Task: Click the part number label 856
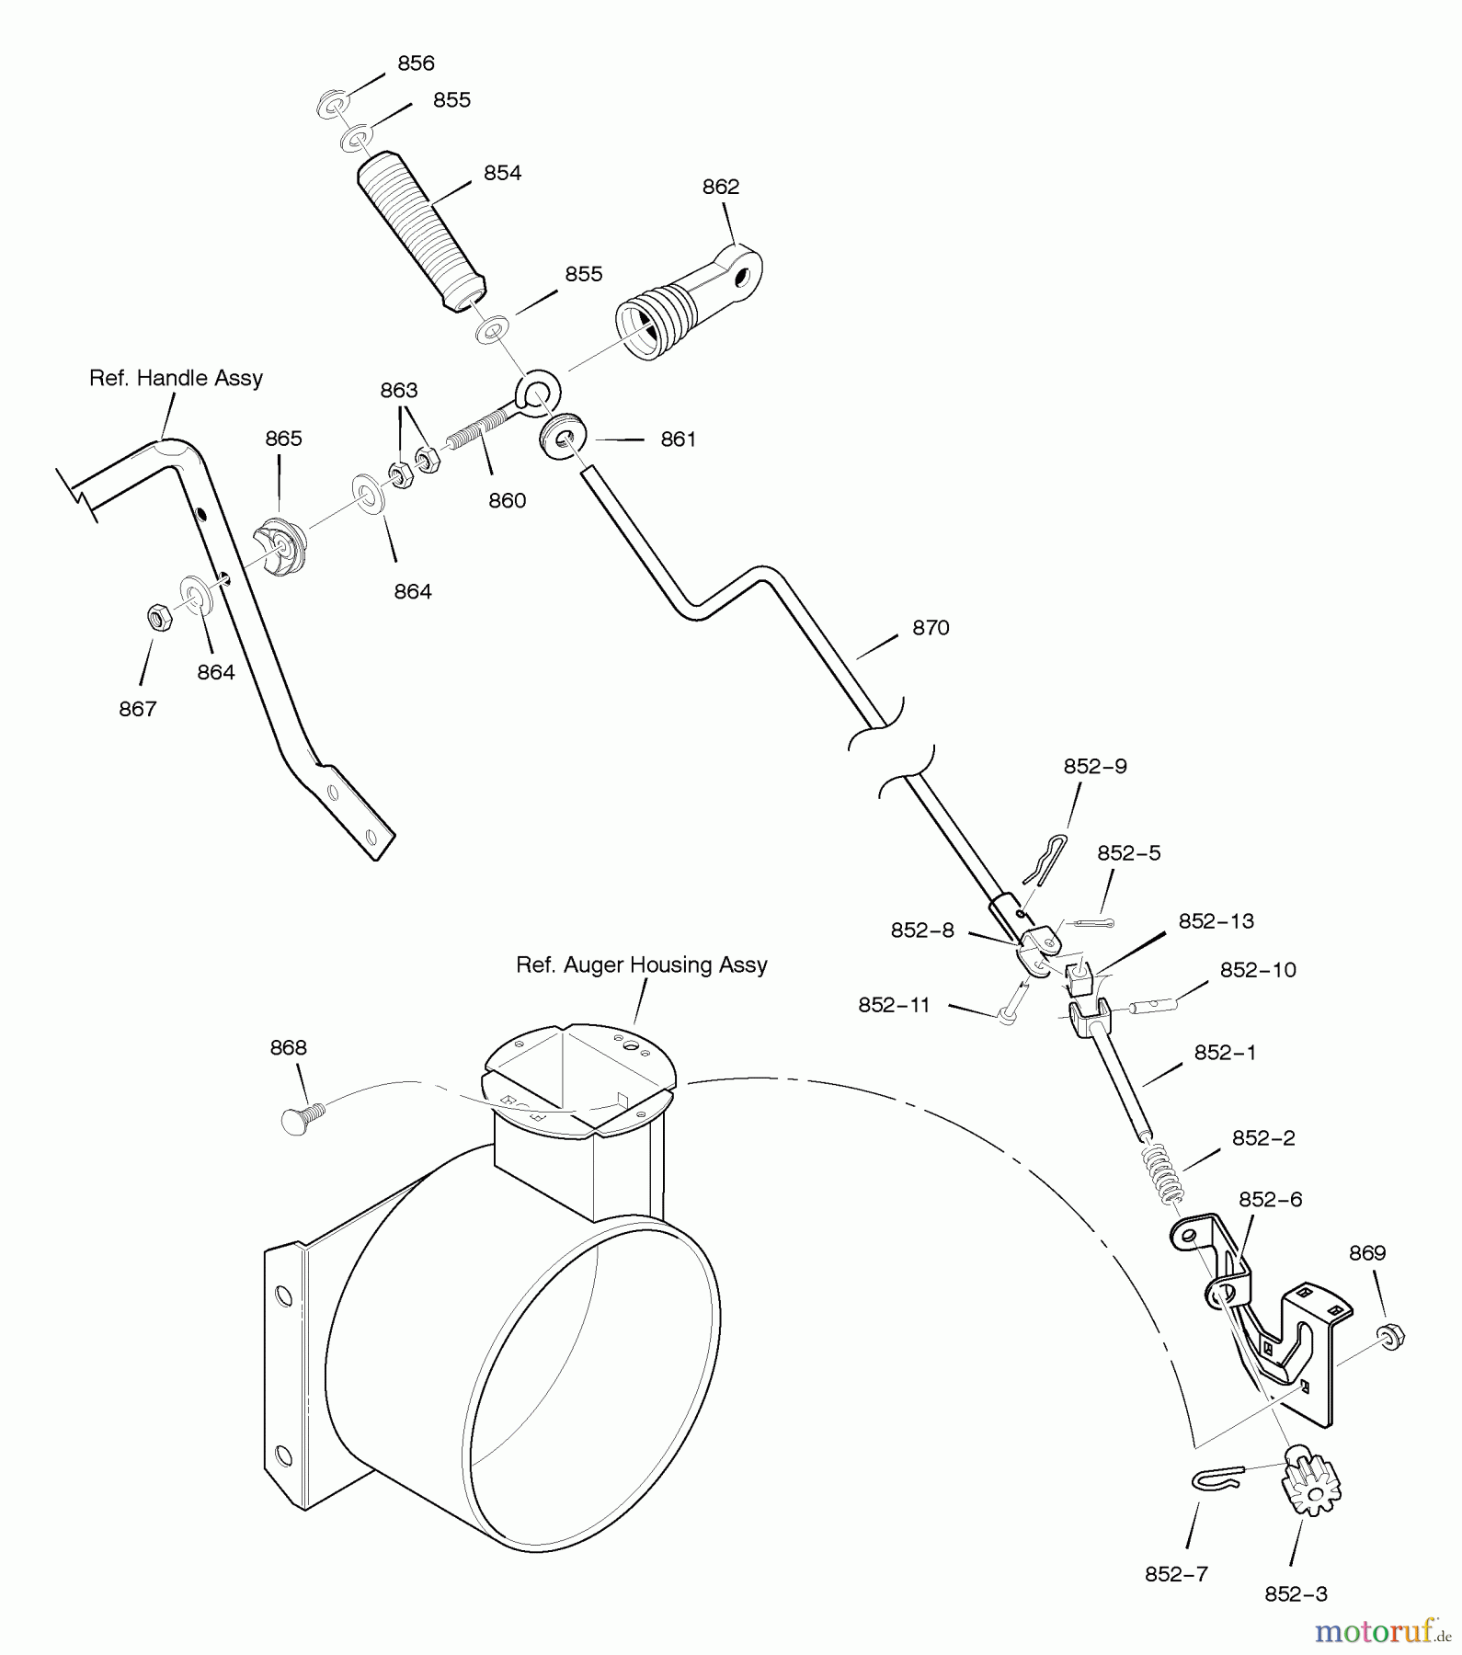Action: point(416,63)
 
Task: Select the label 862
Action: point(720,187)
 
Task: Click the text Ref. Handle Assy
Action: point(176,378)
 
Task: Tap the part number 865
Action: point(283,439)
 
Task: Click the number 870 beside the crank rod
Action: point(930,628)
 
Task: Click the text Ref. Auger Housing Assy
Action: point(641,965)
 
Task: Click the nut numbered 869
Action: point(1391,1336)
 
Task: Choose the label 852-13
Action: point(1216,921)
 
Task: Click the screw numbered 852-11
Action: point(1010,1004)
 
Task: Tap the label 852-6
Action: point(1270,1200)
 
